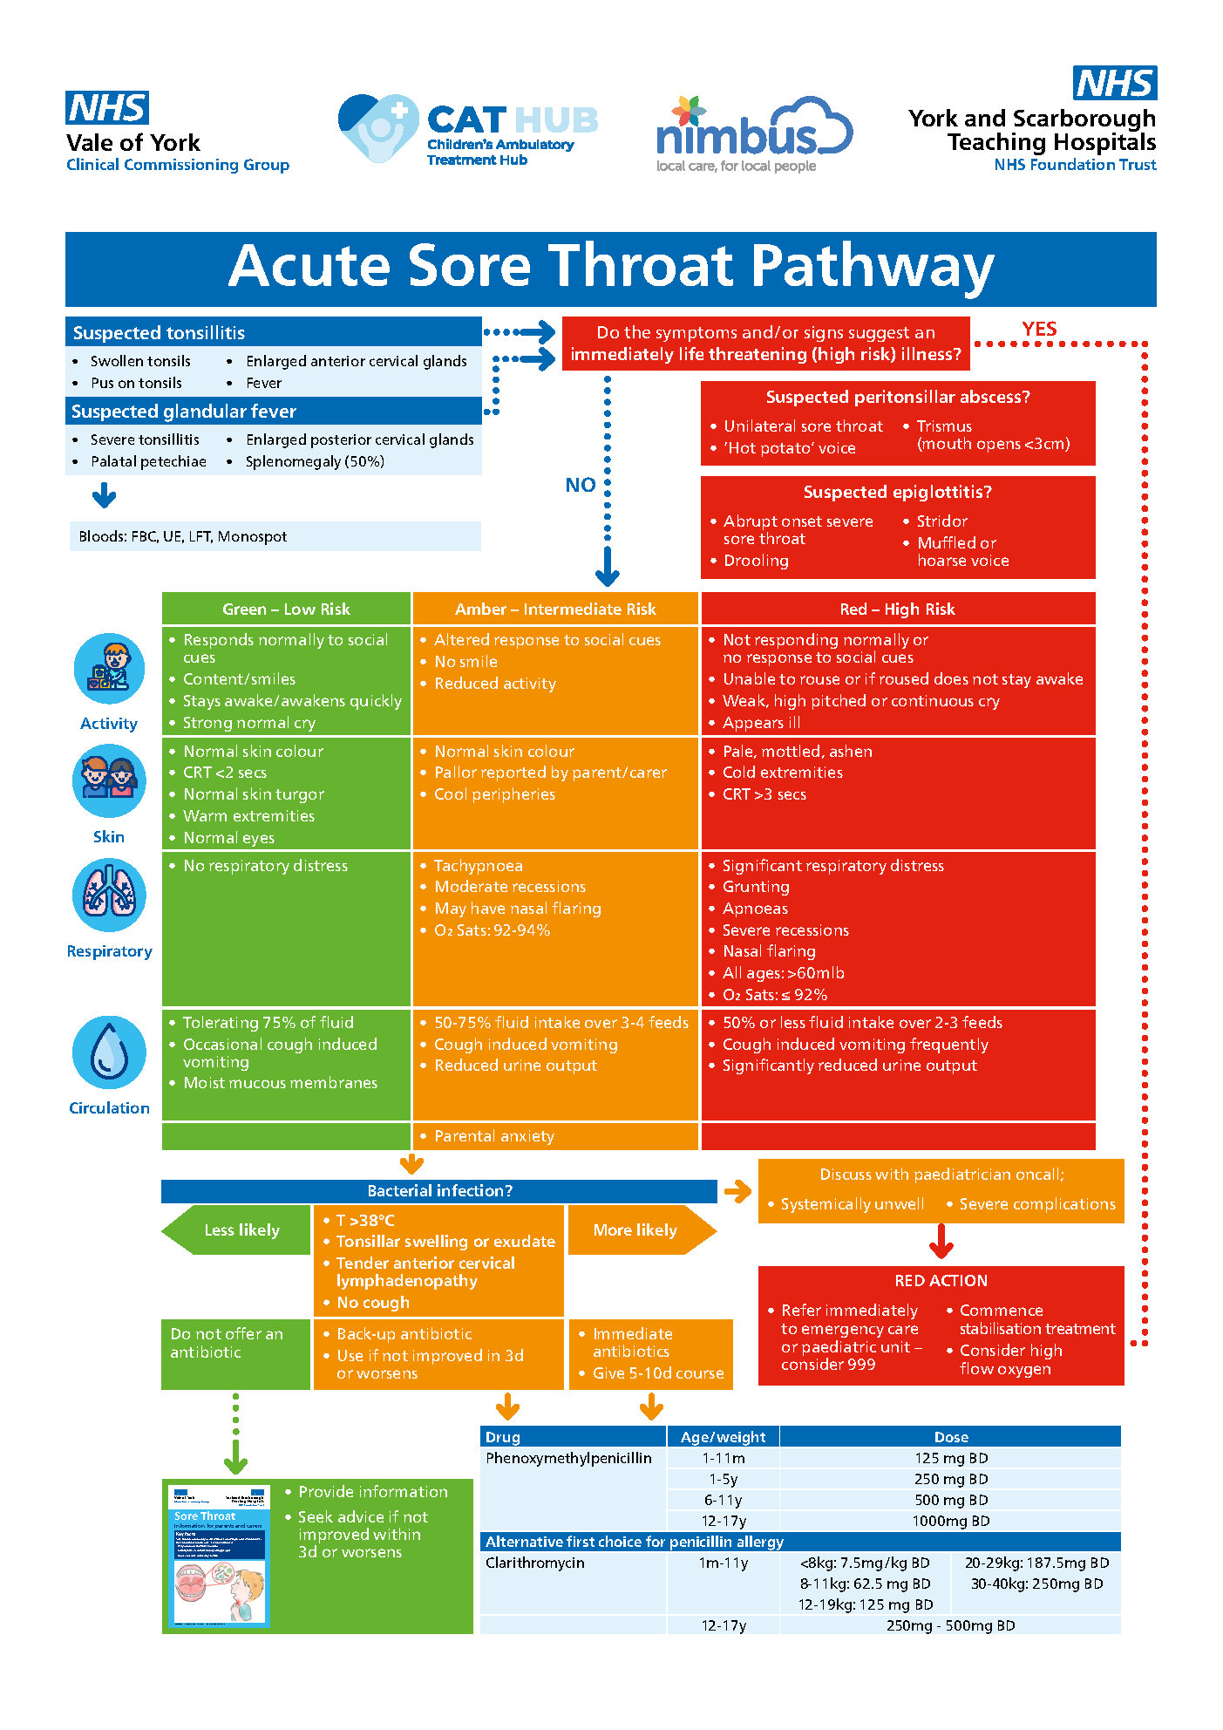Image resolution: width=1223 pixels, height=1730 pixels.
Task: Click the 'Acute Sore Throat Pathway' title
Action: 610,267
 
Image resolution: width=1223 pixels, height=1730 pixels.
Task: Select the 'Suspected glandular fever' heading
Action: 184,412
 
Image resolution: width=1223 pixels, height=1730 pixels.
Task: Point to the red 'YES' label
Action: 1039,329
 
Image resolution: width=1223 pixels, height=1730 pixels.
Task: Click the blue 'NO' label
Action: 581,485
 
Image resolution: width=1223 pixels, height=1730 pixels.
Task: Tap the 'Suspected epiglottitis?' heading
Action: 897,492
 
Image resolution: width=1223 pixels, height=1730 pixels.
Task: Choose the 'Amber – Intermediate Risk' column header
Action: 555,610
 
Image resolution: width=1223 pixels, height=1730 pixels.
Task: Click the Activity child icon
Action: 109,669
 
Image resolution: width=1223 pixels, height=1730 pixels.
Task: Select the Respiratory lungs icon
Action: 109,895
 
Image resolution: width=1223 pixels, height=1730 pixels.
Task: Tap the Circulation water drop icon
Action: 109,1052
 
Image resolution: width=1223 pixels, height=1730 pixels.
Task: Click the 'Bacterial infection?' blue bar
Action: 439,1191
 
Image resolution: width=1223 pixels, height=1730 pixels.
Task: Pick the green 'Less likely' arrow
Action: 238,1230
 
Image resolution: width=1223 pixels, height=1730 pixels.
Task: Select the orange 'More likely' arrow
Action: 638,1230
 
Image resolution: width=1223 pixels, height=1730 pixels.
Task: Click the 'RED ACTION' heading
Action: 941,1281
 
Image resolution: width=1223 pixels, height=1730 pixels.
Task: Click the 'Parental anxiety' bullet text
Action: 493,1136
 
